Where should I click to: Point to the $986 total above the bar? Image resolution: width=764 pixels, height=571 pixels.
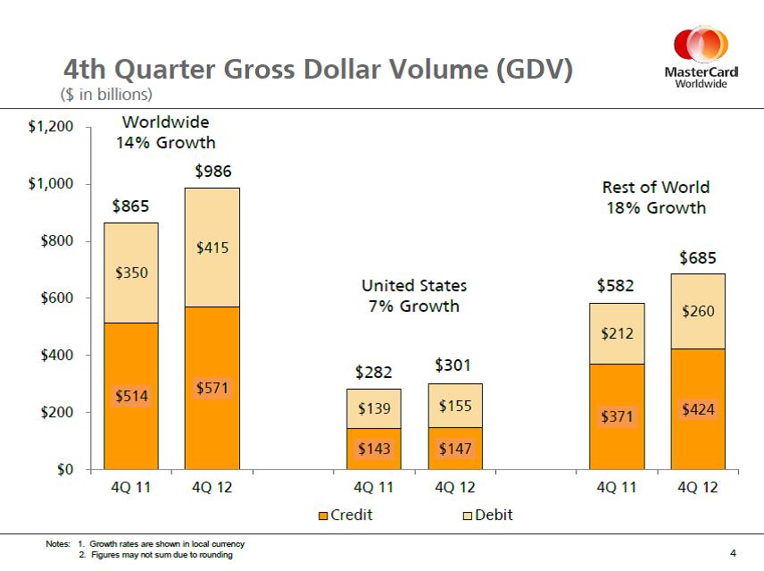212,171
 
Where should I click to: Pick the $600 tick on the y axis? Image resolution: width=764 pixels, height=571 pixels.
57,298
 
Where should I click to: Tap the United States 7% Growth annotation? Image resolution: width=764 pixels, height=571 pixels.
413,296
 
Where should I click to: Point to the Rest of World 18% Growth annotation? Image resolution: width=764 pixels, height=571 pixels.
655,197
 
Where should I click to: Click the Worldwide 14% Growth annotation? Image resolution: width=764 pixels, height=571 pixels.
165,131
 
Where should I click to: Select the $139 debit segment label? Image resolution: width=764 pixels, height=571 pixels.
373,408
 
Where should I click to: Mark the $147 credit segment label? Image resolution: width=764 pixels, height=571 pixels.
455,449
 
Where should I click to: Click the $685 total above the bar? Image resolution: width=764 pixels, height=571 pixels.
697,258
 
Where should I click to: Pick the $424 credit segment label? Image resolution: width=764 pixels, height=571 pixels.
697,410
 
